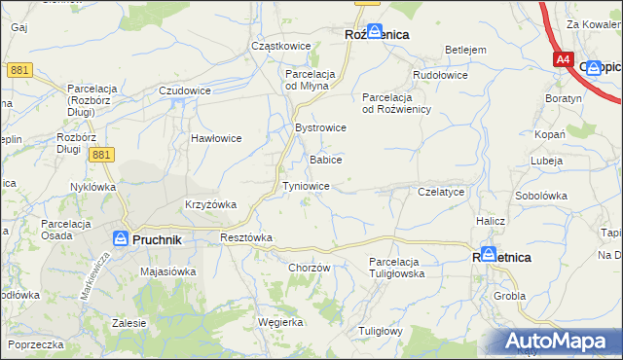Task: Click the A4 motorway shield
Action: (563, 59)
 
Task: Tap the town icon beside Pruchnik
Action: (120, 238)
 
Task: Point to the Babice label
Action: (324, 159)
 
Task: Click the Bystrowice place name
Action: (320, 127)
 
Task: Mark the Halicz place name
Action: (491, 221)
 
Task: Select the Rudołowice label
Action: (441, 75)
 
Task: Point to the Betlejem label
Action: (465, 50)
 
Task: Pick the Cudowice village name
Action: (185, 90)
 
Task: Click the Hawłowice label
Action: (215, 138)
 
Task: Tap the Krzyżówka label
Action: (211, 204)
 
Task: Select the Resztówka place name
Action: (246, 237)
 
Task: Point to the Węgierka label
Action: (280, 321)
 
